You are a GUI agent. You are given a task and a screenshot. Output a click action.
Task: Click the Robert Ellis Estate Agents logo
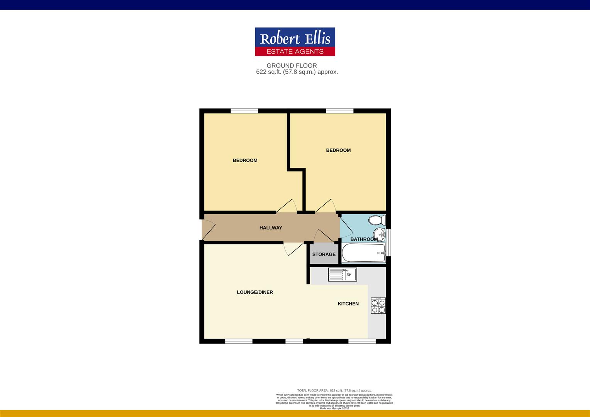295,42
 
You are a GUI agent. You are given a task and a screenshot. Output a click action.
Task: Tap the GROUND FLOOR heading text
292,66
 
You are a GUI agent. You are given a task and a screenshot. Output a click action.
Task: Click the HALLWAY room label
271,228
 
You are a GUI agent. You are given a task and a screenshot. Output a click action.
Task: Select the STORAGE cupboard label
324,254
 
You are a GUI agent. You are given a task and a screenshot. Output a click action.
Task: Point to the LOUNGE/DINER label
255,292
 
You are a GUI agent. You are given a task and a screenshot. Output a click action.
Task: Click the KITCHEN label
348,304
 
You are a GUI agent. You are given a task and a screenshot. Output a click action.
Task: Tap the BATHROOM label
364,239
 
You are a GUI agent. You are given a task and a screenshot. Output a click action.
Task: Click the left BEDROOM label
245,160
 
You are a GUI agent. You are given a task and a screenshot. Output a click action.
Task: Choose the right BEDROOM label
338,150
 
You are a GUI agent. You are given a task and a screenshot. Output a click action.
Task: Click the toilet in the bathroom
376,220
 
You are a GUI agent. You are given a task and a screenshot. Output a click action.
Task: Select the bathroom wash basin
379,234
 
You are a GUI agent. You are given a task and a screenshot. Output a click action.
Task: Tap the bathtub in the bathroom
363,253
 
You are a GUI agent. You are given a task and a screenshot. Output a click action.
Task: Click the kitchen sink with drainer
342,275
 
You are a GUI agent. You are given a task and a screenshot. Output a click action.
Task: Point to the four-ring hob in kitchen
378,305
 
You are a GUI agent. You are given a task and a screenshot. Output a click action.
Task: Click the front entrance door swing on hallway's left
208,229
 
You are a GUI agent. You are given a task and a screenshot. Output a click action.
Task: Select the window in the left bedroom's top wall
244,111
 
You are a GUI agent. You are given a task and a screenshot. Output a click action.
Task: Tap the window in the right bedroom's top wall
339,111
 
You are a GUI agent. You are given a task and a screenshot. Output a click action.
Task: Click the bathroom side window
388,242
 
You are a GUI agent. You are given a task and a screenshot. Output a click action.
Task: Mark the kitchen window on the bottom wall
362,341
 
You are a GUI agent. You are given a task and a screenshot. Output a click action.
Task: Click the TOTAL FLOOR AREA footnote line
334,391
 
